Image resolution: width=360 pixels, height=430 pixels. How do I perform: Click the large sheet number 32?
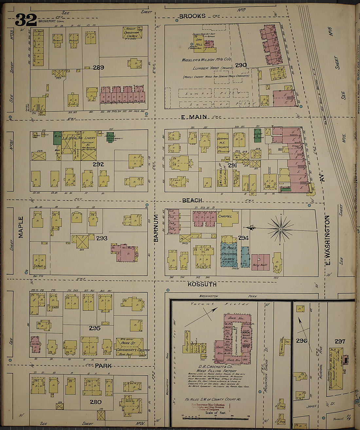pos(26,20)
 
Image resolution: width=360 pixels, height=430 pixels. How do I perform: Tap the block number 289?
pos(98,67)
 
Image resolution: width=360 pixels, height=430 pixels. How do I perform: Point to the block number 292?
pos(98,164)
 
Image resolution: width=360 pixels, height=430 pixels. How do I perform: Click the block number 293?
pos(102,238)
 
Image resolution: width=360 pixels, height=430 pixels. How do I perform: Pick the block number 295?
pos(94,328)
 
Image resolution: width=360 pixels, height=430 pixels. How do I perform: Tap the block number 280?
pos(96,402)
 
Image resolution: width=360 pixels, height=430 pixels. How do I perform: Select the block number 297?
pos(340,341)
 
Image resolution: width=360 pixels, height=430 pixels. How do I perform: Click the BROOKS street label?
pos(192,16)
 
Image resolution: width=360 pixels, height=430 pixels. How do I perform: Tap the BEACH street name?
pos(192,200)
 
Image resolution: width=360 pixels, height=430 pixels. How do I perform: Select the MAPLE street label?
pos(21,227)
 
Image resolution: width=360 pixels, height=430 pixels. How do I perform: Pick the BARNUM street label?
pos(156,228)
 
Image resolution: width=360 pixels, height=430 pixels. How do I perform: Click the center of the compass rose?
pos(280,229)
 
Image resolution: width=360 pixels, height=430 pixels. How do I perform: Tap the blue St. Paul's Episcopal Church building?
pos(229,255)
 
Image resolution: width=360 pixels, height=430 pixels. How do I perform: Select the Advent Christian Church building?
pos(133,33)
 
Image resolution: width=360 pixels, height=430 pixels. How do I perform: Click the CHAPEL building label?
pos(225,216)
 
